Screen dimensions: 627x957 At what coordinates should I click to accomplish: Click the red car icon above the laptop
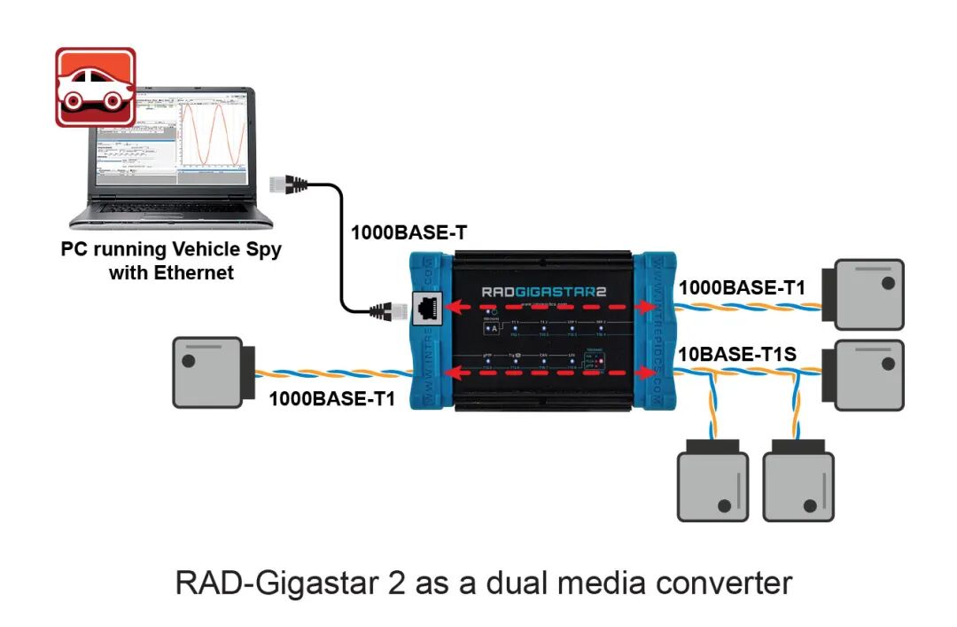click(x=95, y=87)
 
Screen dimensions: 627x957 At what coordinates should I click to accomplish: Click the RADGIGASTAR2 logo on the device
click(x=544, y=291)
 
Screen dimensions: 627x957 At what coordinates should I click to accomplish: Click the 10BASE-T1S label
click(x=735, y=355)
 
